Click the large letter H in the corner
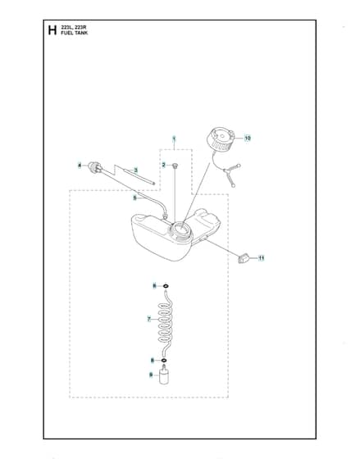(52, 30)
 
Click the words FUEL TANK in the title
(74, 33)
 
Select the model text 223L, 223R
(74, 28)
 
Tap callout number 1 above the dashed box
(175, 139)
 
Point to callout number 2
(164, 165)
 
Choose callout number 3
(135, 170)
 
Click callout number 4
(80, 166)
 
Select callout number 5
(134, 198)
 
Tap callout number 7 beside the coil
(149, 319)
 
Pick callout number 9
(151, 375)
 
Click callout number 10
(248, 138)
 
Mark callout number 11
(261, 258)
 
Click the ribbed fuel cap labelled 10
(221, 141)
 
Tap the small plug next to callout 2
(175, 166)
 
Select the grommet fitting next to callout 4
(94, 167)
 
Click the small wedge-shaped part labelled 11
(243, 258)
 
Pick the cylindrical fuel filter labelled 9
(164, 375)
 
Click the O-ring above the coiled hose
(165, 286)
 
